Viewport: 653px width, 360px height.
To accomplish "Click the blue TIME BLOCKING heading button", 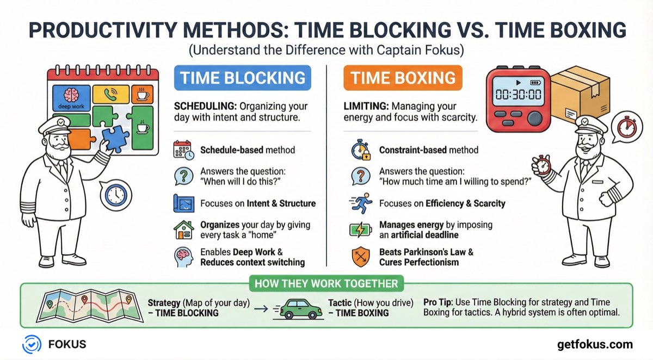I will tap(242, 77).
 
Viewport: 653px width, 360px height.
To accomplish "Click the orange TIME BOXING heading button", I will tap(403, 77).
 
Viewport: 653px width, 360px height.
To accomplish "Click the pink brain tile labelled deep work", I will tap(70, 98).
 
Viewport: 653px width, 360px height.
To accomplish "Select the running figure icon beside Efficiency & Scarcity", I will tap(360, 203).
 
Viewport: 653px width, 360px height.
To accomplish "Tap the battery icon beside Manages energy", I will tap(360, 229).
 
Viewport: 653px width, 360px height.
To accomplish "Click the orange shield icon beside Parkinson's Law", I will tap(360, 257).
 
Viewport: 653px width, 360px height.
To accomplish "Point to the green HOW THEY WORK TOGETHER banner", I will tap(326, 283).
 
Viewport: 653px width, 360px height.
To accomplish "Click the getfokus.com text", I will tap(595, 344).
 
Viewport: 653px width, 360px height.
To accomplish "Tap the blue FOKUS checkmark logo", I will tap(32, 344).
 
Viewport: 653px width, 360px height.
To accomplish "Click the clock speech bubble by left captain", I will tap(115, 194).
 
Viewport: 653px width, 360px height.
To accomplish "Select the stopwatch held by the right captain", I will tap(540, 166).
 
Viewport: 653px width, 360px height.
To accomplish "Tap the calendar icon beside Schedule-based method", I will tap(183, 150).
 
